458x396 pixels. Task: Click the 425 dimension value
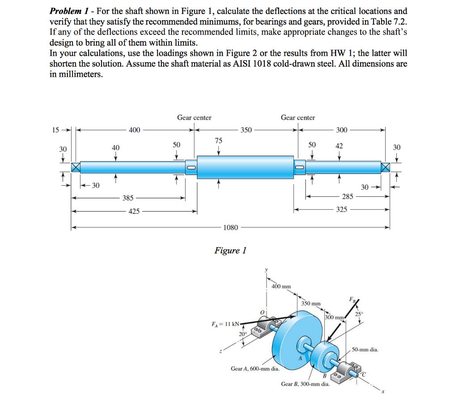134,211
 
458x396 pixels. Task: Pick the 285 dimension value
348,196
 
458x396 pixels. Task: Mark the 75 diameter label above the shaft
218,140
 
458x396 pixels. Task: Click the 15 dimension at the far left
55,130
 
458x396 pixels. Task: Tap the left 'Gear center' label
194,118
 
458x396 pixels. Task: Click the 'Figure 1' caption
230,250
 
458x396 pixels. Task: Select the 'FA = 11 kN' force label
225,323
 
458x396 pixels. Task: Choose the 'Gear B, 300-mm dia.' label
305,384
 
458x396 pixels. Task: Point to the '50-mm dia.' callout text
365,349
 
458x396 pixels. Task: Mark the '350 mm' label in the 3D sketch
312,303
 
